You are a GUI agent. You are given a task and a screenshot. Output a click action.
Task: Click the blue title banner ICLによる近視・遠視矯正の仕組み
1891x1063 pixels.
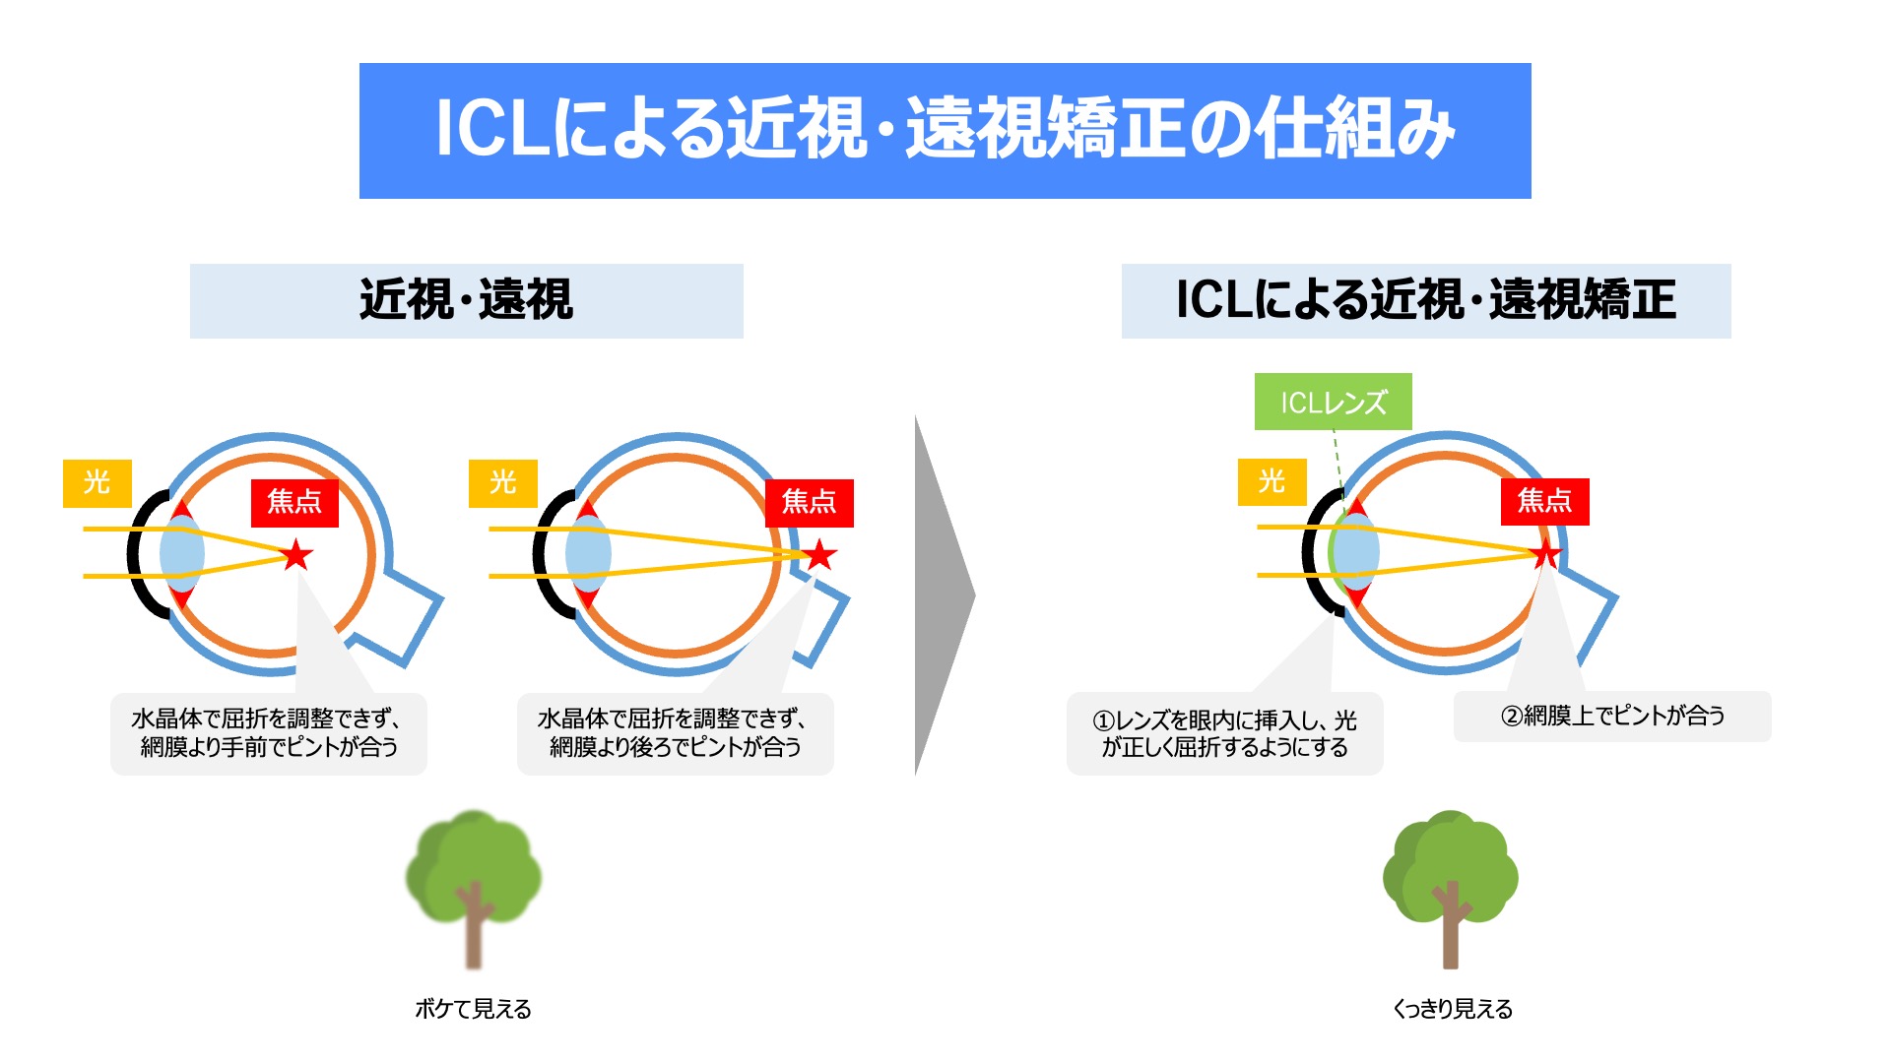coord(945,130)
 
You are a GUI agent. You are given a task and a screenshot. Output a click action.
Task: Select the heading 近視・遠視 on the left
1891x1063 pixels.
coord(466,300)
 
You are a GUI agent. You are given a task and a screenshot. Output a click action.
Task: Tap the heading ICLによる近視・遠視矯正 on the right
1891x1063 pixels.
coord(1425,300)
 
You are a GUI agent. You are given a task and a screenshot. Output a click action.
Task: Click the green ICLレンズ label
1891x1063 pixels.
coord(1333,402)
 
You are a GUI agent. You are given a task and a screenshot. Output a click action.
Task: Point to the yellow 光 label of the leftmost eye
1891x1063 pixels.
coord(97,482)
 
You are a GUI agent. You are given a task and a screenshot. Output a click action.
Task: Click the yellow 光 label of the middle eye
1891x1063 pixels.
coord(502,482)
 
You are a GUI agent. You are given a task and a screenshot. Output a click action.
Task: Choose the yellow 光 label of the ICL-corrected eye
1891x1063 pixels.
coord(1272,481)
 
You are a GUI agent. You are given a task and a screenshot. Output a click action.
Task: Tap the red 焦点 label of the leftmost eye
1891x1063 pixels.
coord(294,503)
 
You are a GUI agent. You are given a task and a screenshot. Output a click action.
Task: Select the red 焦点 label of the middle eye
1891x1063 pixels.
coord(809,503)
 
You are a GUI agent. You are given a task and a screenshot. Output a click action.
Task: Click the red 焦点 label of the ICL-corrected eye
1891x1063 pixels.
coord(1544,501)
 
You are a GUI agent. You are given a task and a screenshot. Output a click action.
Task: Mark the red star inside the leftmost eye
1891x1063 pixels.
coord(296,555)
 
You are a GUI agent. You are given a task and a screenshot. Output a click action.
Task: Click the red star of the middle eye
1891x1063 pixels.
coord(819,555)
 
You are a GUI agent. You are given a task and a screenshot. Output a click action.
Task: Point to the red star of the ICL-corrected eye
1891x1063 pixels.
coord(1546,554)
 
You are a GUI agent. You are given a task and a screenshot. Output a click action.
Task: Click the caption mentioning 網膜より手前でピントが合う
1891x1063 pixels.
coord(269,733)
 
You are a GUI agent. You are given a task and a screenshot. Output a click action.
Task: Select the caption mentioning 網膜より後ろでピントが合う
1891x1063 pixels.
coord(675,733)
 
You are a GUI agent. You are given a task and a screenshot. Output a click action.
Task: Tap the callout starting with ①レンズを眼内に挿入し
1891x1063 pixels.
coord(1224,733)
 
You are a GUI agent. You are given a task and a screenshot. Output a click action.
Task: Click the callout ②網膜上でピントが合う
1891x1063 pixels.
coord(1612,716)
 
